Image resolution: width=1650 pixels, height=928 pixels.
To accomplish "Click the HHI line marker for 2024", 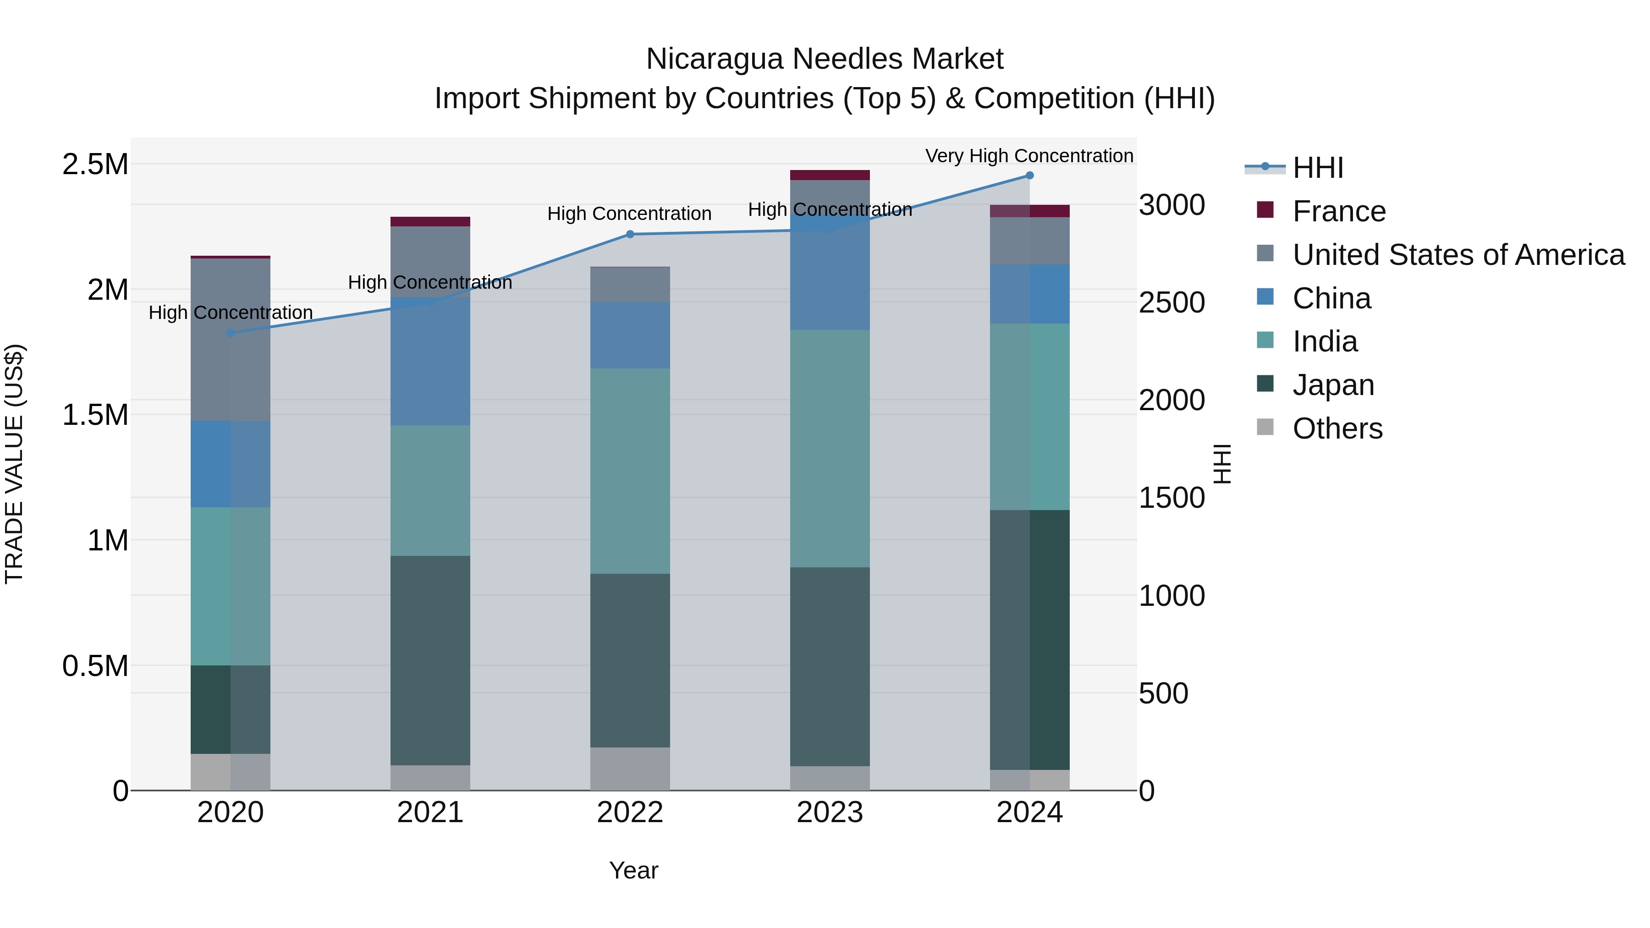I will [x=1029, y=176].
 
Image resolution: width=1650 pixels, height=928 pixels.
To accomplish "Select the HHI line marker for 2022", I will [x=630, y=234].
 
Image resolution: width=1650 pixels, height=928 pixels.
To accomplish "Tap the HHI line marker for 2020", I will [x=231, y=333].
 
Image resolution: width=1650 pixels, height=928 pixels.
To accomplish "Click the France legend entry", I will [x=1339, y=211].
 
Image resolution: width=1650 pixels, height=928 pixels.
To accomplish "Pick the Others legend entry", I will [x=1337, y=428].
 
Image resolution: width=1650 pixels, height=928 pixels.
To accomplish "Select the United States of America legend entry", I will [x=1458, y=255].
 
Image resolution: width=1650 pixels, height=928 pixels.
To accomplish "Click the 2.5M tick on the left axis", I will [x=95, y=165].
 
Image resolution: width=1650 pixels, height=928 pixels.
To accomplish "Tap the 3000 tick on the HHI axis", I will [x=1171, y=206].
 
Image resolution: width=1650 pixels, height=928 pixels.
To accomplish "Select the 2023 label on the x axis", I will [x=830, y=813].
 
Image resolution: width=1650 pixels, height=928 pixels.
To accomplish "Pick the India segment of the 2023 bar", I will [x=830, y=448].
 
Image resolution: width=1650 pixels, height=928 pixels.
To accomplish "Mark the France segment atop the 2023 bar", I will [x=830, y=175].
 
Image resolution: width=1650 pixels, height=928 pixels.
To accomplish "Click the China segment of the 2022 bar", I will [x=630, y=335].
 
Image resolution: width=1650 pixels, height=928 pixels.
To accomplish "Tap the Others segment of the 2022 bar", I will [x=630, y=769].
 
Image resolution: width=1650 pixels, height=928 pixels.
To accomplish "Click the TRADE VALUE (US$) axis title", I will [x=14, y=464].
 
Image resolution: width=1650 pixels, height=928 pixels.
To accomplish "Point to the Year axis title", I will [x=633, y=870].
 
